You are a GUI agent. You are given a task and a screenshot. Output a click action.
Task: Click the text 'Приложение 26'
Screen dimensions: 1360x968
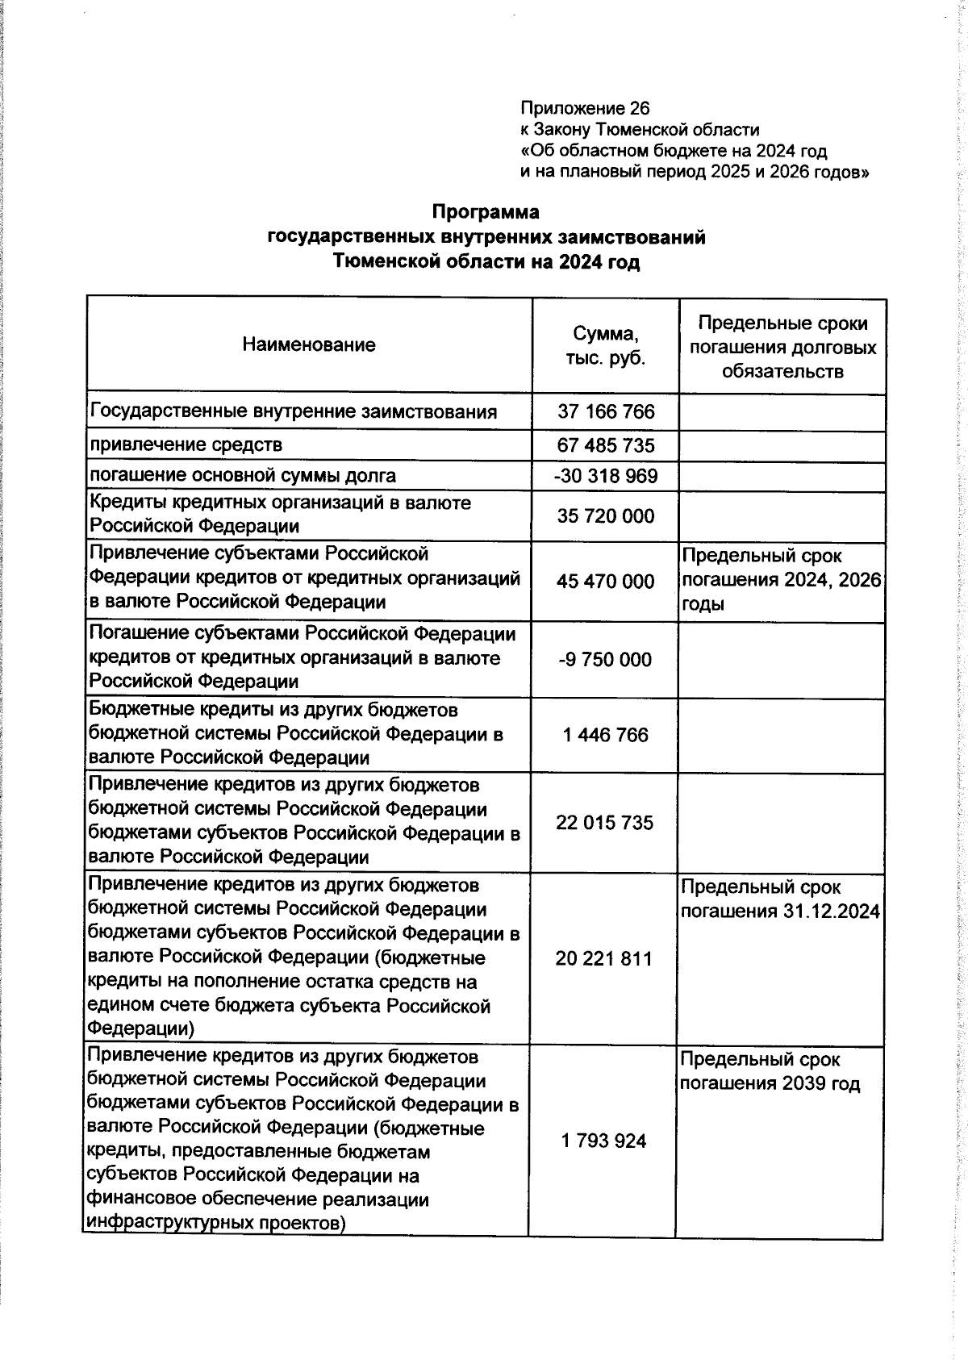click(585, 108)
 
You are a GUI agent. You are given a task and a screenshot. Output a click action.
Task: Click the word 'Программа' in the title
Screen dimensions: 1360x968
click(486, 212)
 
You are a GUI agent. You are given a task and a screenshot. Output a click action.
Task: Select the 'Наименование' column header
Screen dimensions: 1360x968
click(309, 345)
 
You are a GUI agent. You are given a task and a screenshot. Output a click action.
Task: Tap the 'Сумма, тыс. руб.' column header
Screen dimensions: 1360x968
click(605, 345)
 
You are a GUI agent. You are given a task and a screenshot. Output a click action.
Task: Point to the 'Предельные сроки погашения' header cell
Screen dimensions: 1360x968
click(782, 347)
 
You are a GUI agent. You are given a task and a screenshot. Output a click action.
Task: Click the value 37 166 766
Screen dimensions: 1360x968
click(606, 412)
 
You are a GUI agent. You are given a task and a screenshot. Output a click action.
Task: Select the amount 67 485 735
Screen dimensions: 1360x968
click(606, 445)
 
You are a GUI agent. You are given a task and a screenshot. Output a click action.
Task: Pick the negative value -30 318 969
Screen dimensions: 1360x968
click(606, 476)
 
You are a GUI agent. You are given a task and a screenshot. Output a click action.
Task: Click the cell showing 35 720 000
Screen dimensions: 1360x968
click(606, 516)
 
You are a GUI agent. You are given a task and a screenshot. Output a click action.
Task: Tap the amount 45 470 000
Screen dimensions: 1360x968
click(606, 581)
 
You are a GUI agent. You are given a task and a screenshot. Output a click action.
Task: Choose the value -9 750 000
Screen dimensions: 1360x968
click(606, 659)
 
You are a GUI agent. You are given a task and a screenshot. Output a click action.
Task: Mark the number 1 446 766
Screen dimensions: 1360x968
click(606, 735)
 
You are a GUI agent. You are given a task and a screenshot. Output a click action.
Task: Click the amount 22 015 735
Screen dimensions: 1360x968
click(604, 823)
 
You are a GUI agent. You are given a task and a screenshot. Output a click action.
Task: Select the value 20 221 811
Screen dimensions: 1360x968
click(603, 958)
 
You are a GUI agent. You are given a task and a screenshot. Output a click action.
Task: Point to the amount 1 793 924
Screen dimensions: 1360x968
click(603, 1141)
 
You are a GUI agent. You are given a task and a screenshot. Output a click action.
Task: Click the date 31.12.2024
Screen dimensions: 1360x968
click(831, 912)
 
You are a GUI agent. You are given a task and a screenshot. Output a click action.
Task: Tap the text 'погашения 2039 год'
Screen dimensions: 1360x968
click(770, 1083)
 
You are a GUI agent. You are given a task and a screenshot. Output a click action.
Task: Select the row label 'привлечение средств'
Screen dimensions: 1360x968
click(186, 444)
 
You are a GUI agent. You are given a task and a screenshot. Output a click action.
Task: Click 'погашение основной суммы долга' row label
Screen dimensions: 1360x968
click(243, 475)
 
